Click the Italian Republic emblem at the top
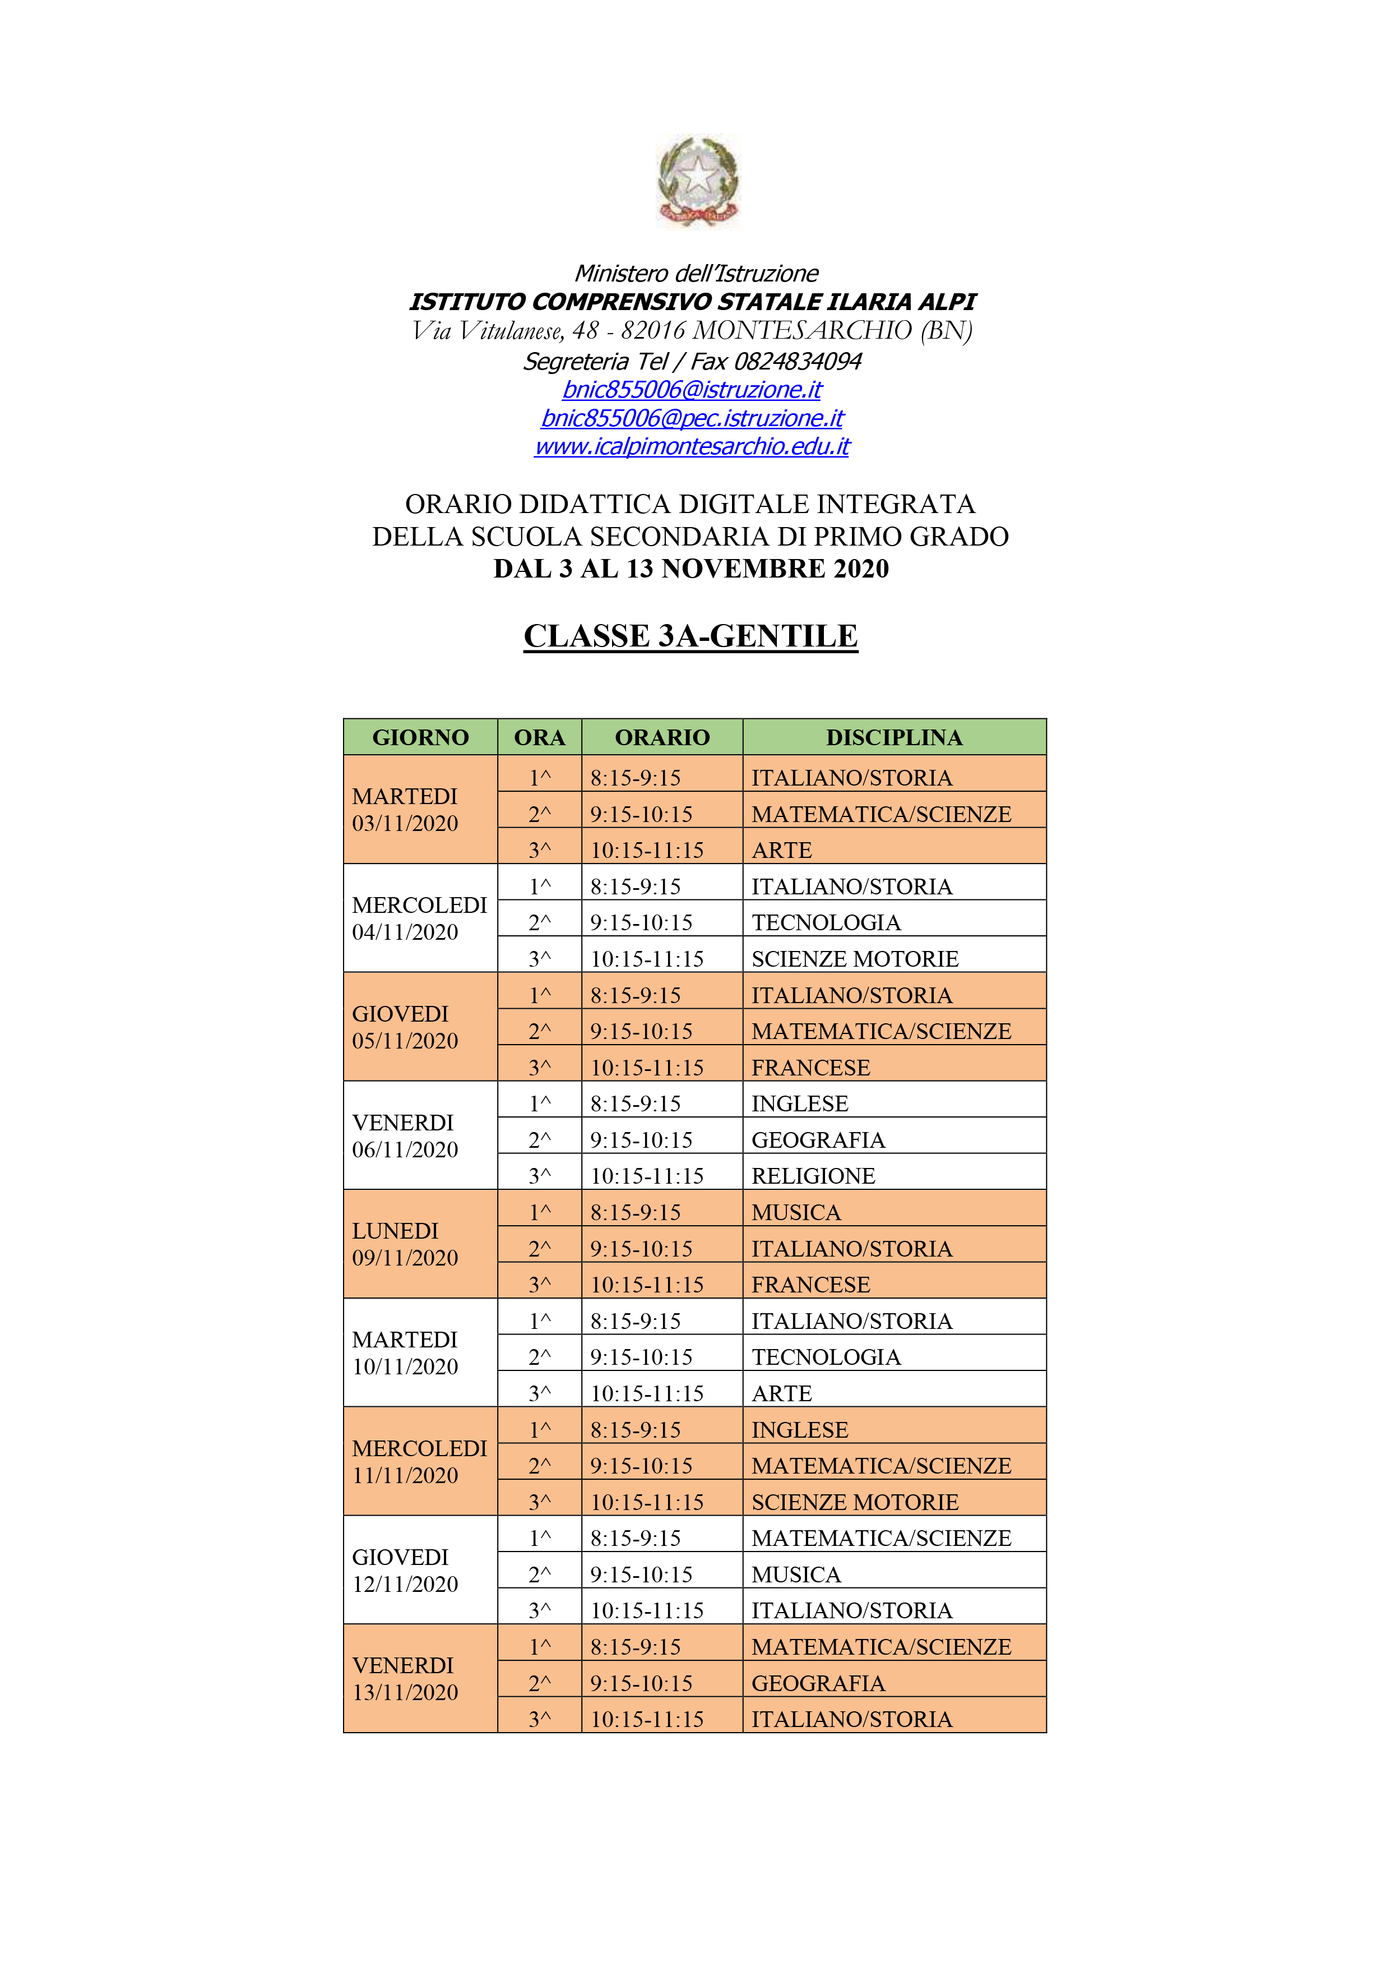click(697, 181)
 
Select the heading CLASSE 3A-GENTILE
click(691, 636)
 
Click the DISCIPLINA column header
click(893, 737)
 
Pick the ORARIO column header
click(662, 737)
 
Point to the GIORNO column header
click(420, 737)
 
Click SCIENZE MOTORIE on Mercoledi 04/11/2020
click(855, 959)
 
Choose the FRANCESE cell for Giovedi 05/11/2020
click(810, 1068)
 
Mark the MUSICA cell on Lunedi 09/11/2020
click(796, 1212)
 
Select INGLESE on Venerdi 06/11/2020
click(799, 1103)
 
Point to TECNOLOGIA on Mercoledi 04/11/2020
click(826, 923)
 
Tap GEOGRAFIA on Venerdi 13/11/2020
click(818, 1683)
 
